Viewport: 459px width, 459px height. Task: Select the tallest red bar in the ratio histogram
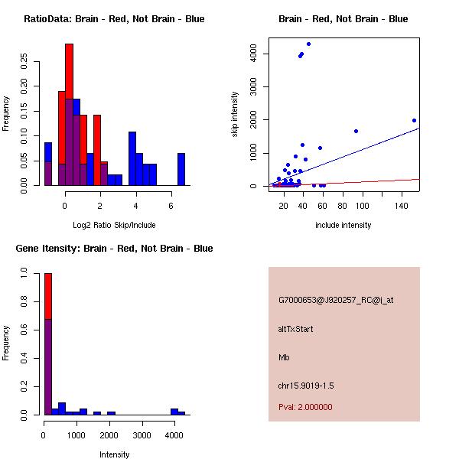69,115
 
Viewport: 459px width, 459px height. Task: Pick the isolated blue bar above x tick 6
181,169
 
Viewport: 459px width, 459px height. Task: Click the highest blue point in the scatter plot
308,44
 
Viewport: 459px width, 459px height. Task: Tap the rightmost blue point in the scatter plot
414,120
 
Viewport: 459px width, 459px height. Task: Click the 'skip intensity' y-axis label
235,115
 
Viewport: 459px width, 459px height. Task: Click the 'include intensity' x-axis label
343,225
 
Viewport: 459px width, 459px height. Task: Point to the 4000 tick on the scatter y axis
252,54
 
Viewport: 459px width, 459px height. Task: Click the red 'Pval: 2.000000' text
305,407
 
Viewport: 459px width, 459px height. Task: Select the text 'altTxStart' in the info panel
296,329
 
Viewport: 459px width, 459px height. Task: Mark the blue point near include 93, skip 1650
356,131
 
